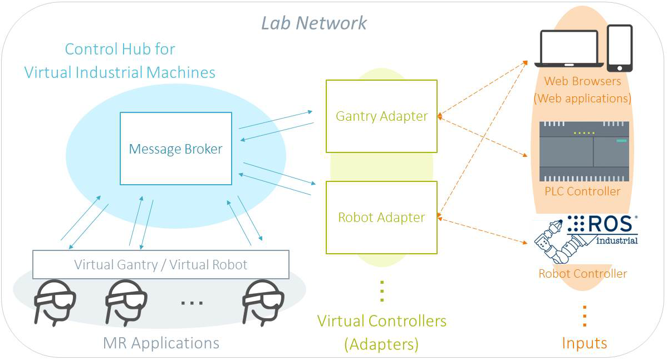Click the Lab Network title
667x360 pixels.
(314, 23)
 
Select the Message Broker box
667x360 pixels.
(175, 149)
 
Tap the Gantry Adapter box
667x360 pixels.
(381, 116)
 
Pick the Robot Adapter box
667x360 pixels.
(381, 217)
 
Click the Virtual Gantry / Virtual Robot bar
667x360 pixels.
(161, 264)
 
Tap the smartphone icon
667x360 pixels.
(619, 48)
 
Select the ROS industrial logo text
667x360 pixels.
(602, 229)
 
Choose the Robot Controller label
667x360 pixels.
(582, 274)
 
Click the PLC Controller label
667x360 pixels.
(582, 191)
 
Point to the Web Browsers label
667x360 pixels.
(582, 90)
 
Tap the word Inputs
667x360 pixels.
(584, 343)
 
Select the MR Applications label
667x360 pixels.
(161, 343)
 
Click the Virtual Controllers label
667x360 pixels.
(381, 332)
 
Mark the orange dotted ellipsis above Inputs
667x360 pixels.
(584, 316)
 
